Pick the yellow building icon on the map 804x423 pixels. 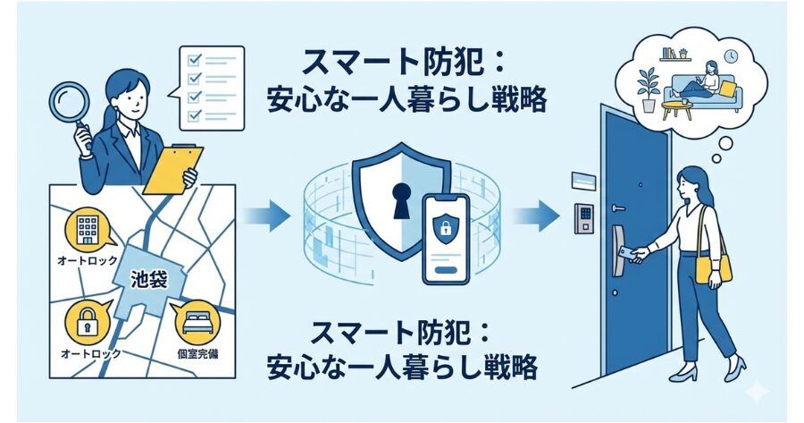click(x=88, y=230)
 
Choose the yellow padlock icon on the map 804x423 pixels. click(x=88, y=323)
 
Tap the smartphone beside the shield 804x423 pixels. click(x=447, y=240)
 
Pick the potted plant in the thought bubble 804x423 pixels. click(x=649, y=88)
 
